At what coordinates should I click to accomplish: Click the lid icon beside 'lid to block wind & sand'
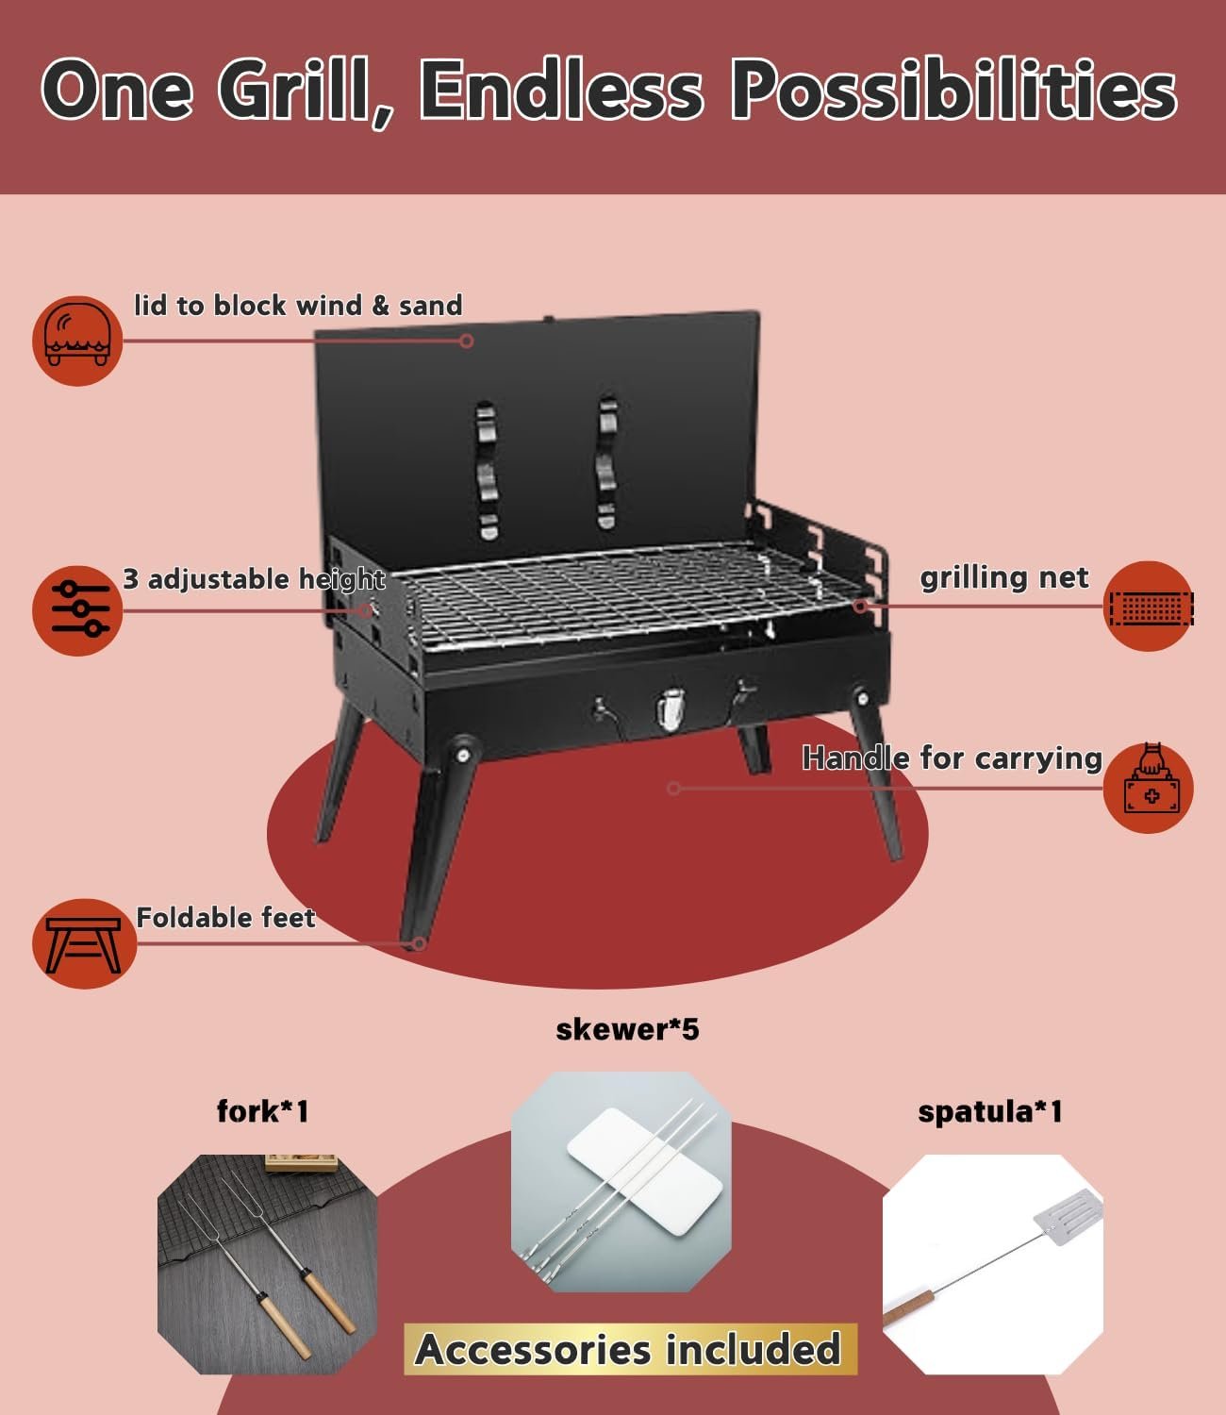pyautogui.click(x=77, y=341)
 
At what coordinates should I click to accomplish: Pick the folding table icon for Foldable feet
pyautogui.click(x=84, y=944)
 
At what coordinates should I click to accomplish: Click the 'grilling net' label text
pyautogui.click(x=1003, y=577)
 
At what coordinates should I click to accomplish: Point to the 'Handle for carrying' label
pyautogui.click(x=952, y=757)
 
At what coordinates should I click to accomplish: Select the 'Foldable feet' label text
pyautogui.click(x=226, y=917)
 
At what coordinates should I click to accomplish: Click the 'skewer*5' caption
pyautogui.click(x=627, y=1029)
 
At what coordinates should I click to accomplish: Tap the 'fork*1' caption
pyautogui.click(x=263, y=1111)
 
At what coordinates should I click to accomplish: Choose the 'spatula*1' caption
pyautogui.click(x=990, y=1112)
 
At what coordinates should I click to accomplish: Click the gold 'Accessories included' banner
pyautogui.click(x=630, y=1349)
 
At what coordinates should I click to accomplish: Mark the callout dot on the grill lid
pyautogui.click(x=466, y=341)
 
